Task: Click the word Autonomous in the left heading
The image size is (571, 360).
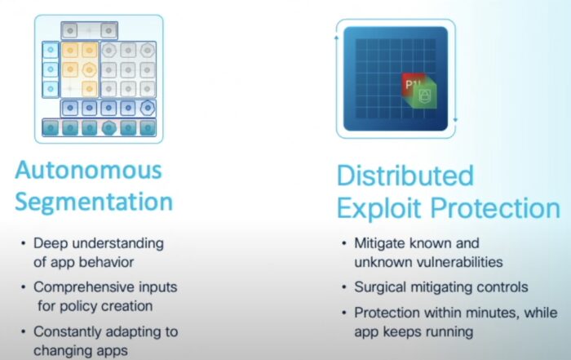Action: [x=88, y=170]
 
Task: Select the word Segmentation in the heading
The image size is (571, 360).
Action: [x=94, y=202]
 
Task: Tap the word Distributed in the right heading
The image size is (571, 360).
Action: [x=405, y=176]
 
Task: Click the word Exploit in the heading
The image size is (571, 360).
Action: [x=378, y=208]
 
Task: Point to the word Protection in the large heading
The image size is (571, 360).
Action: [x=496, y=208]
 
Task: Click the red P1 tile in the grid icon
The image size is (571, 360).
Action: [x=411, y=84]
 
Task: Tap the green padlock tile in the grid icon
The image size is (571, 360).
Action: [x=423, y=95]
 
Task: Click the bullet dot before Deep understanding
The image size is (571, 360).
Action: [x=24, y=243]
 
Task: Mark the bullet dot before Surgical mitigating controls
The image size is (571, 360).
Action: [x=344, y=287]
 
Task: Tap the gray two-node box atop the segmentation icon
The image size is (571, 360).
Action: [x=89, y=30]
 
